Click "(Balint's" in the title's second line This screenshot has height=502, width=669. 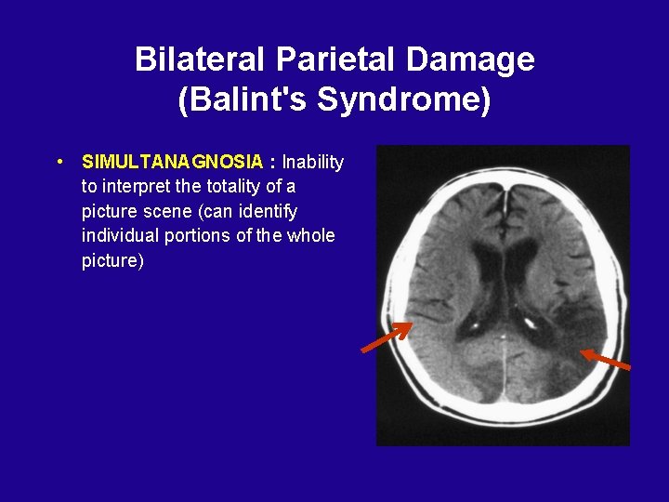(243, 99)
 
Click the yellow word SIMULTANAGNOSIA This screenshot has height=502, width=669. (172, 162)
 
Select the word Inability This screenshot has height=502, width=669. (313, 162)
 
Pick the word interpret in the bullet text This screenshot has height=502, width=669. (136, 187)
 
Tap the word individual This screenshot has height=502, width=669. (121, 235)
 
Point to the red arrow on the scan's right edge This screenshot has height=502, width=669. (606, 360)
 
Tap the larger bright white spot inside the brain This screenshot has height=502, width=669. (531, 324)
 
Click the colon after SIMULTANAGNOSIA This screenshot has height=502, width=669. (272, 162)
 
